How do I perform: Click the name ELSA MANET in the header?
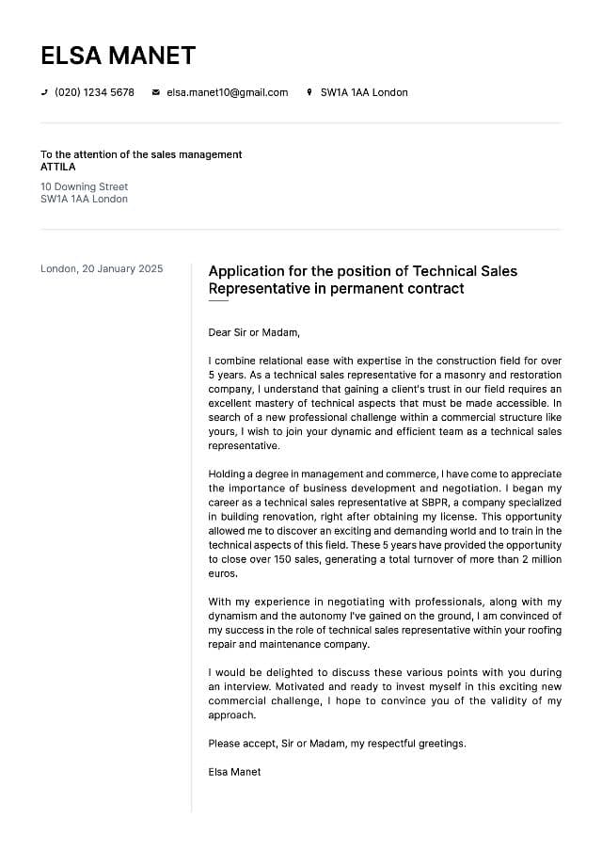118,56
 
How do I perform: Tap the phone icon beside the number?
44,92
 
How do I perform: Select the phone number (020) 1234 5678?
94,92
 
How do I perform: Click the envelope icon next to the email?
156,92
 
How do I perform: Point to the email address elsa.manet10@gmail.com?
227,92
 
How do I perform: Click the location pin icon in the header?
309,92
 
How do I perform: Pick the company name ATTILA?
58,167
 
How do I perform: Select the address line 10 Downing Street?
84,186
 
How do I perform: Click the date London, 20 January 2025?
102,269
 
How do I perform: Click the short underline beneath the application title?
218,301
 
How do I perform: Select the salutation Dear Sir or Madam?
254,332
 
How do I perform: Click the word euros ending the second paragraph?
222,573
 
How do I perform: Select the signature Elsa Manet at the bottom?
234,772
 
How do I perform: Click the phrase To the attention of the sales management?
141,154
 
